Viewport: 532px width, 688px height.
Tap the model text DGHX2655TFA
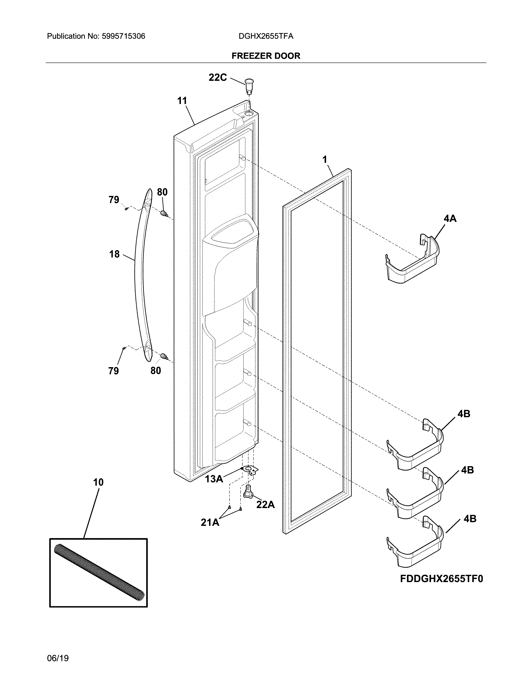point(266,36)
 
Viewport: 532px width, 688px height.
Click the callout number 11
point(182,101)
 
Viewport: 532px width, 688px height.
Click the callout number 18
point(114,254)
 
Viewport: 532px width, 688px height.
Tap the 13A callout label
point(214,479)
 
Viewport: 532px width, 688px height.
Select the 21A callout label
point(210,522)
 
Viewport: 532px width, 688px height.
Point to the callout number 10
point(98,482)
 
